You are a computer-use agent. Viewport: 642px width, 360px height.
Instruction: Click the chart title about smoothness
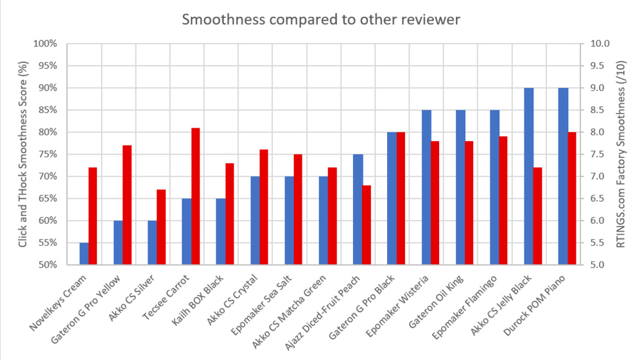[x=320, y=19]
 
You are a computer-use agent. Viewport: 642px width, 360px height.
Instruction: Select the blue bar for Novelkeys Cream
[x=84, y=253]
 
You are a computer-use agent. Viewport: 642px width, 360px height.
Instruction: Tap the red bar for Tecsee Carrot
[x=195, y=196]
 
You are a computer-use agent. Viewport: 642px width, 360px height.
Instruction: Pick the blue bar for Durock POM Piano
[x=563, y=176]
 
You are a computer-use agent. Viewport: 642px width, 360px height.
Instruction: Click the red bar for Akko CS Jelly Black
[x=537, y=216]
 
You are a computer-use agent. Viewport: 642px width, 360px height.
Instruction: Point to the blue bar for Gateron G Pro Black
[x=392, y=198]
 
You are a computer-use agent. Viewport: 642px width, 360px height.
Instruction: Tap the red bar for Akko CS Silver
[x=161, y=227]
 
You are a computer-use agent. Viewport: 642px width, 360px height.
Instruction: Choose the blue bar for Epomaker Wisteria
[x=426, y=187]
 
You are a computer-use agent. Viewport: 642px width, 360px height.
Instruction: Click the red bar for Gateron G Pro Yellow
[x=127, y=205]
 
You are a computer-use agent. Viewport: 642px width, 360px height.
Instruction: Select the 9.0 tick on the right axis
[x=591, y=88]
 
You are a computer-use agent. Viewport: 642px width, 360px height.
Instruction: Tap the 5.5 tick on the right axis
[x=591, y=243]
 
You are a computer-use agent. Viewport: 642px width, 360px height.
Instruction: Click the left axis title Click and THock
[x=23, y=154]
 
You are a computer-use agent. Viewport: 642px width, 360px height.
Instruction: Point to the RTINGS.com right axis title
[x=620, y=154]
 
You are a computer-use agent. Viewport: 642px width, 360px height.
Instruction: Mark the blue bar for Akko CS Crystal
[x=255, y=220]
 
